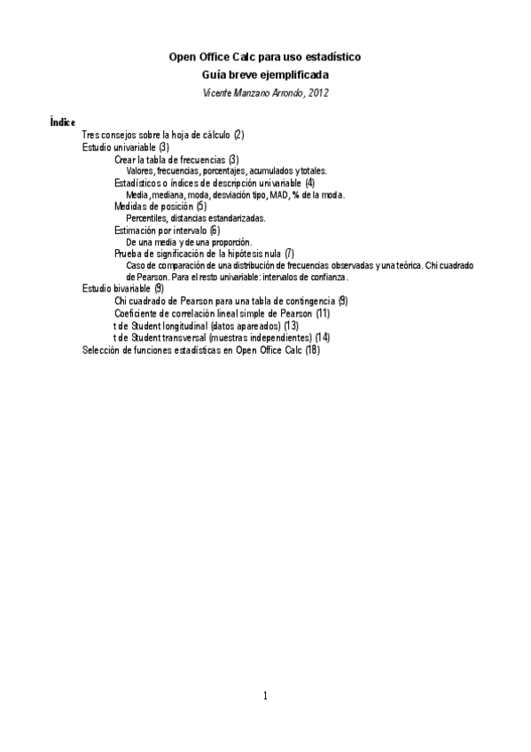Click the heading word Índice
point(63,121)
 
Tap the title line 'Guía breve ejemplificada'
point(265,74)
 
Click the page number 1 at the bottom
point(265,695)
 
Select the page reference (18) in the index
point(311,349)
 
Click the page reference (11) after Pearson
point(323,313)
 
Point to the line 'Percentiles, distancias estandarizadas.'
point(196,218)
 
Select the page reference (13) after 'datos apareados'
point(291,325)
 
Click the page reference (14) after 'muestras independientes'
point(323,338)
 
